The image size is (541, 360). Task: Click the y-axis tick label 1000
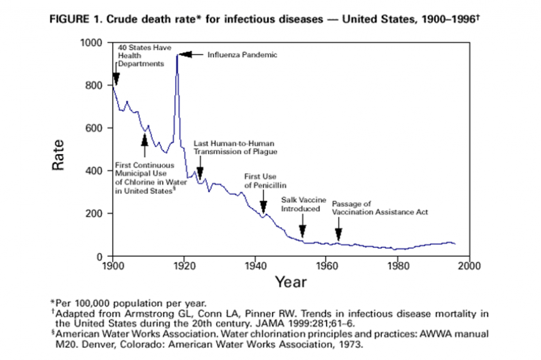(x=92, y=43)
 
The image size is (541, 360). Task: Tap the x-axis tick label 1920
(x=184, y=265)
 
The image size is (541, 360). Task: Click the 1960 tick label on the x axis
(x=327, y=265)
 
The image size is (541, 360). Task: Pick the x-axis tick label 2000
(x=469, y=265)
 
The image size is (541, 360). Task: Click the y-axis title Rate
(x=59, y=155)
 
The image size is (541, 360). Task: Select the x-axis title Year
(x=292, y=280)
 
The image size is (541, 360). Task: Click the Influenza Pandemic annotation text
(x=242, y=55)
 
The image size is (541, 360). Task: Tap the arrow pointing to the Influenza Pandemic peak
(x=190, y=55)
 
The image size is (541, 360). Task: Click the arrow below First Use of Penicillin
(x=263, y=205)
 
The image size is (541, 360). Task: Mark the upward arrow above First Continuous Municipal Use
(x=145, y=146)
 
